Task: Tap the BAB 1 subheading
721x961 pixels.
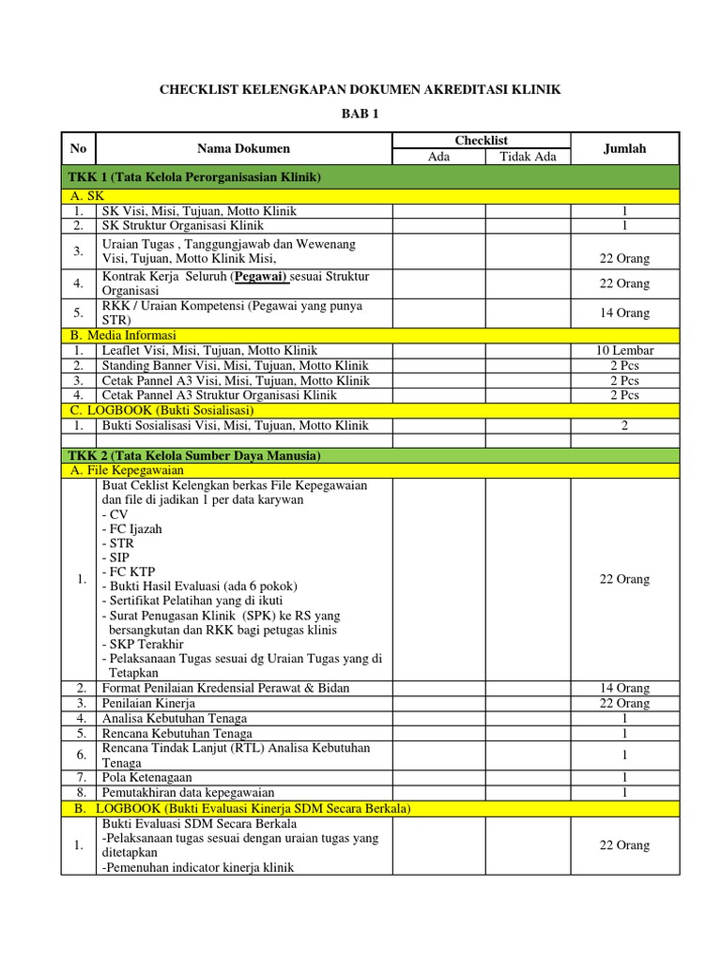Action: click(x=360, y=115)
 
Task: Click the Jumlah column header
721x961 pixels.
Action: click(x=624, y=148)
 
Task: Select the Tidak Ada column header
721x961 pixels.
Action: click(x=528, y=157)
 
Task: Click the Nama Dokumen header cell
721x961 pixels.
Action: click(x=243, y=148)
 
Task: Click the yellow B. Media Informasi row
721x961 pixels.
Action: click(x=123, y=335)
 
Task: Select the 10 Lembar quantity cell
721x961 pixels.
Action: click(x=624, y=350)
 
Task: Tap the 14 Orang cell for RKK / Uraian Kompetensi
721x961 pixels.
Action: click(x=624, y=313)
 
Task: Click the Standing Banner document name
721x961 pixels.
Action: click(x=235, y=365)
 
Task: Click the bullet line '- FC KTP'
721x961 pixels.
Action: click(x=129, y=572)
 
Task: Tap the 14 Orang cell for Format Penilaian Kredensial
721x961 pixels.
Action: click(x=624, y=688)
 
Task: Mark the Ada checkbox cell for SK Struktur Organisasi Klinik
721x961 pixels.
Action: click(x=438, y=225)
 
